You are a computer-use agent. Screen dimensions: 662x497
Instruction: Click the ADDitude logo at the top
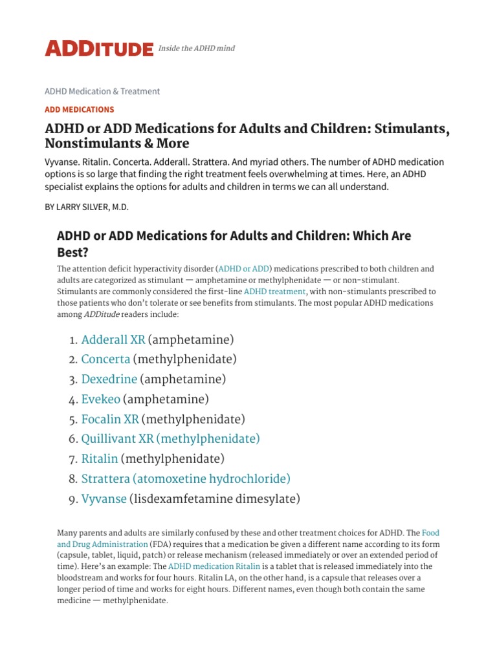(x=98, y=48)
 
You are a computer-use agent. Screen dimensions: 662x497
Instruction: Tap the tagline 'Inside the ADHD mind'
(x=197, y=48)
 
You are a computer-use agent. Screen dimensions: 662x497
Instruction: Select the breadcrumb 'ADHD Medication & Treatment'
(x=102, y=91)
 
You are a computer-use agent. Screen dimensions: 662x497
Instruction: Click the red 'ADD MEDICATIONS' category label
(x=80, y=109)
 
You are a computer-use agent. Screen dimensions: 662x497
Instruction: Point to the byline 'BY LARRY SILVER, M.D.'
(x=95, y=208)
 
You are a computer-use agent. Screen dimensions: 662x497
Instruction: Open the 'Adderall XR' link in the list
(x=113, y=339)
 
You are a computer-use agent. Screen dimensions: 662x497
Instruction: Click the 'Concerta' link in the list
(x=105, y=359)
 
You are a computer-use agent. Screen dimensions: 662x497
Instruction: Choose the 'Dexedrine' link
(x=109, y=379)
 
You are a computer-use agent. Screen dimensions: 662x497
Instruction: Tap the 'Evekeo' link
(x=100, y=399)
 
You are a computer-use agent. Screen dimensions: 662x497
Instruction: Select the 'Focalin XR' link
(x=110, y=419)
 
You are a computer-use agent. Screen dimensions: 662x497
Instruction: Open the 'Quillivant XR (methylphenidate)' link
(x=170, y=439)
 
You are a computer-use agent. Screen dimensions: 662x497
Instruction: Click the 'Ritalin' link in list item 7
(x=100, y=459)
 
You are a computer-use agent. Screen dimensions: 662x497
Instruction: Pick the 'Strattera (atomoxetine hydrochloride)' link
(x=186, y=479)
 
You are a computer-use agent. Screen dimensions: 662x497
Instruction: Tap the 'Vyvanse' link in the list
(x=104, y=499)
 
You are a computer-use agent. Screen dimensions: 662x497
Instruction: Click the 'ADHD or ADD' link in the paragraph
(x=245, y=268)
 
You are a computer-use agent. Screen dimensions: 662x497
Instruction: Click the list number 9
(x=72, y=499)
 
